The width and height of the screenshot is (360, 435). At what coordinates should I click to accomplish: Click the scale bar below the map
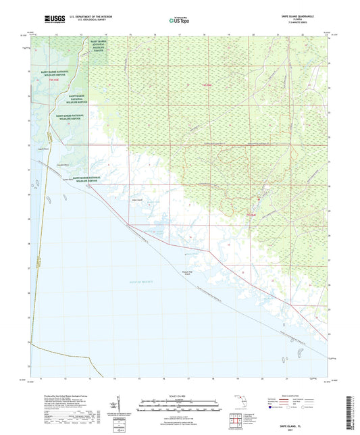tap(179, 405)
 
